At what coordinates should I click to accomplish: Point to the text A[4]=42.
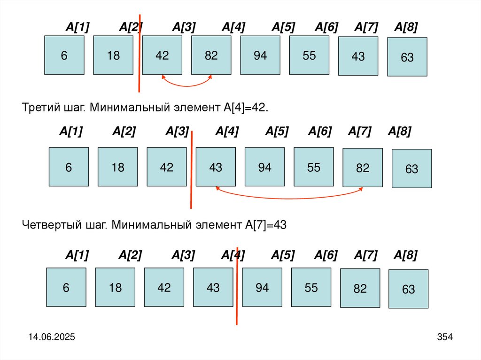pos(243,107)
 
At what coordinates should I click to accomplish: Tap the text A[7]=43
pos(265,225)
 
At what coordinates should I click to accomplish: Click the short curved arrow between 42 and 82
pos(186,85)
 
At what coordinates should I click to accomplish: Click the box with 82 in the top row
pos(211,55)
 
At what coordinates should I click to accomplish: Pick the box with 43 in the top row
pos(358,56)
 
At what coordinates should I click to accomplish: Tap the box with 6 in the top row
pos(64,55)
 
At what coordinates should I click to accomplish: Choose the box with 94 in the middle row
pos(264,167)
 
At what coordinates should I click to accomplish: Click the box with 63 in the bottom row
pos(408,289)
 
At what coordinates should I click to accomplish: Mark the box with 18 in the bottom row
pos(115,287)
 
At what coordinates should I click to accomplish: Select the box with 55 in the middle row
pos(313,167)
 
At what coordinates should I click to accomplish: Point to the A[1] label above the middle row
pos(71,132)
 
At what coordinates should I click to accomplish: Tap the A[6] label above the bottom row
pos(326,255)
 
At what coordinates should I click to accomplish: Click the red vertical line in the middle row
pos(191,169)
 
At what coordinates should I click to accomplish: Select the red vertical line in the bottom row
pos(237,286)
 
